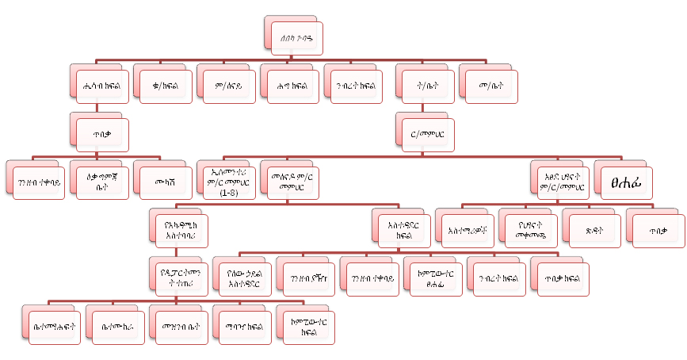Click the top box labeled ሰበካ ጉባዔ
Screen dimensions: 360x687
(291, 36)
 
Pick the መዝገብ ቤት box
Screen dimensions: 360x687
(180, 326)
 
